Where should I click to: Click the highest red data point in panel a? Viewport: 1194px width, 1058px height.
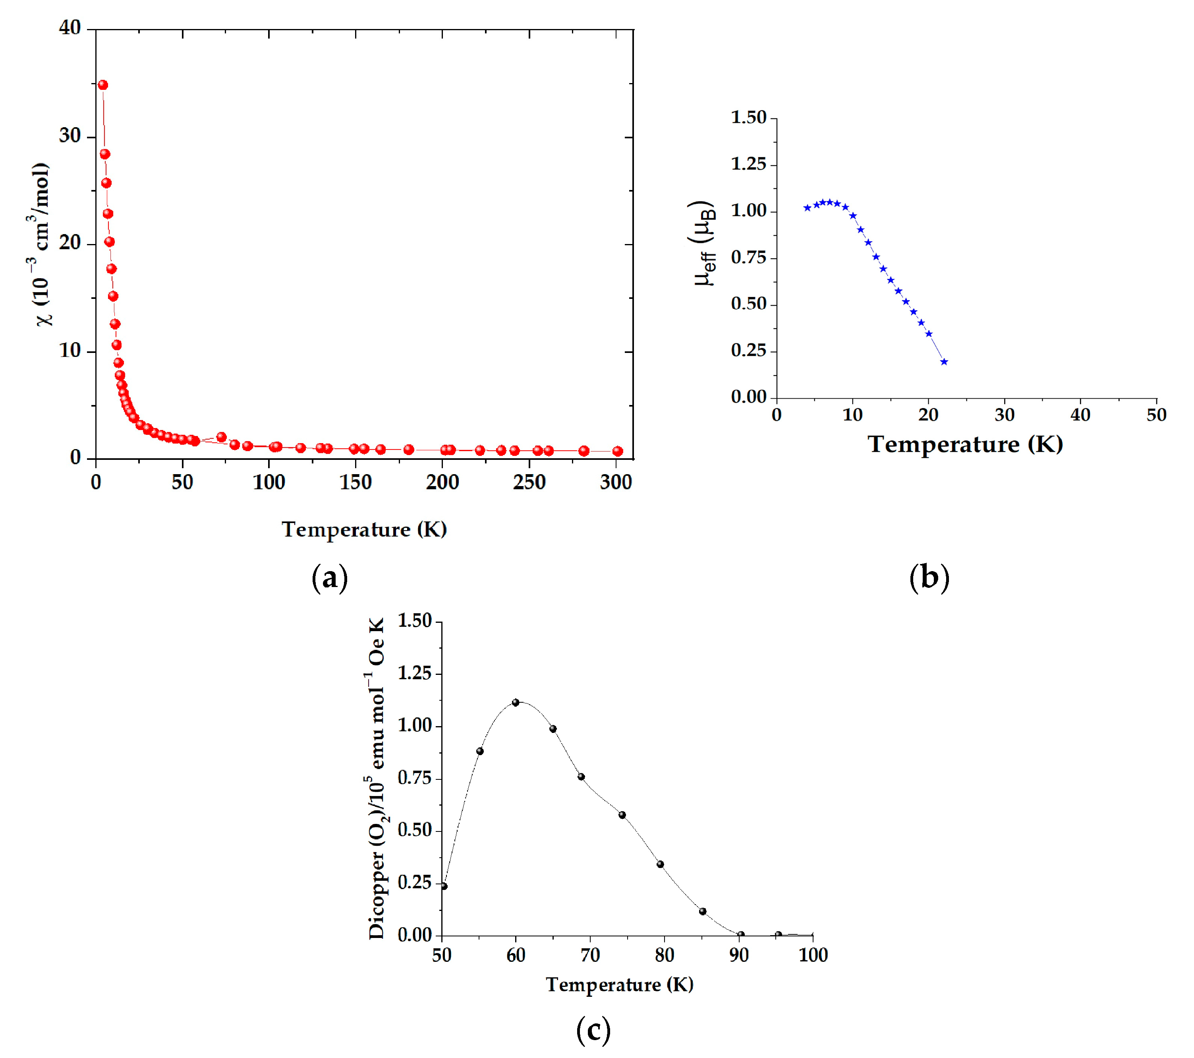103,85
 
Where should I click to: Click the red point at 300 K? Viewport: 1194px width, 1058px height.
617,451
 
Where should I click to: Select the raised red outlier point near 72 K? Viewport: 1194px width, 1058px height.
221,437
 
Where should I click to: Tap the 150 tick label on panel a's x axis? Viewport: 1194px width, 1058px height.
355,483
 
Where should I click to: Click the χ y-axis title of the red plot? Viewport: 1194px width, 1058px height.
41,244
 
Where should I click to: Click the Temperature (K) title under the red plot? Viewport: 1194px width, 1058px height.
364,529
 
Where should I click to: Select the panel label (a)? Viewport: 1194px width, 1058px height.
330,577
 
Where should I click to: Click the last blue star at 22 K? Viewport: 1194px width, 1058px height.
944,362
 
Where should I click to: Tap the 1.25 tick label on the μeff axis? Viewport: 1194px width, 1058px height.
748,164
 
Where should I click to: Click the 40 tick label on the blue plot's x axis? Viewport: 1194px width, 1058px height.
1080,415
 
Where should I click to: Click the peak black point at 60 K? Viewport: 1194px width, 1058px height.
515,703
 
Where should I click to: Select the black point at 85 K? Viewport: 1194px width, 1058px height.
703,911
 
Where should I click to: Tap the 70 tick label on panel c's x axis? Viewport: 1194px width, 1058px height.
590,955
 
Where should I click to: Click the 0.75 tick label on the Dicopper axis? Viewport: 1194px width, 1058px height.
414,778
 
